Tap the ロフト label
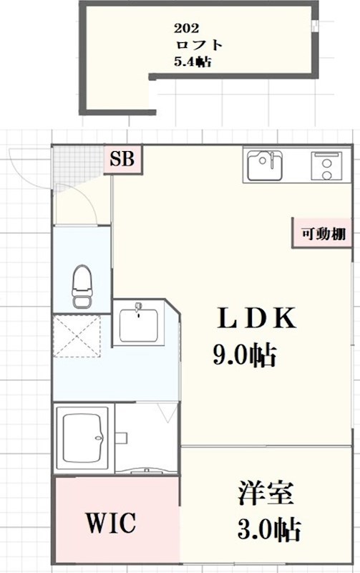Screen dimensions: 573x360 point(198,45)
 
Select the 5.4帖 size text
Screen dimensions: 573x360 point(192,62)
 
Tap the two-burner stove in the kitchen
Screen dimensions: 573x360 point(328,168)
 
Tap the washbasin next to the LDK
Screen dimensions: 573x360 point(139,326)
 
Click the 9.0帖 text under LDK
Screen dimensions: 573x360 point(243,355)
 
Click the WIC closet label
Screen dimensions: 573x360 point(111,523)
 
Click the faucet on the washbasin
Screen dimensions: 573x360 point(139,309)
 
